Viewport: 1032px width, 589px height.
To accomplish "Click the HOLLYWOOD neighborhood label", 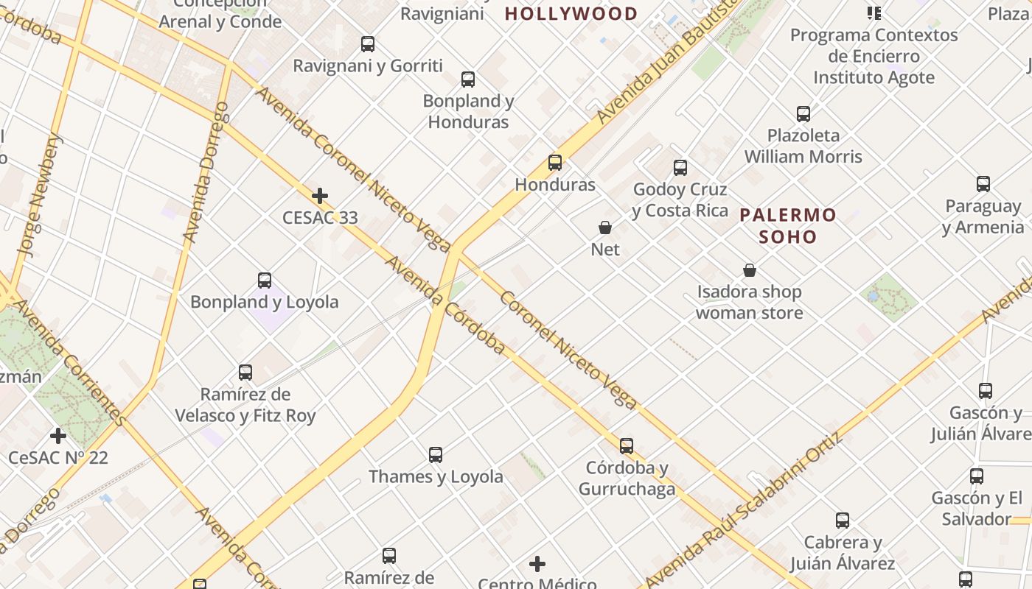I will pos(571,13).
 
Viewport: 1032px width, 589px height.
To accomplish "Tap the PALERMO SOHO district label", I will pos(788,226).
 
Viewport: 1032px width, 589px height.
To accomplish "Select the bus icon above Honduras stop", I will pos(555,163).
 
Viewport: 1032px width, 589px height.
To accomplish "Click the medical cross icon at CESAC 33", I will pos(320,196).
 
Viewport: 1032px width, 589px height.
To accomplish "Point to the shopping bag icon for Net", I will pos(605,228).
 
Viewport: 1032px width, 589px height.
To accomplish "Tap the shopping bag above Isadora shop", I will pos(750,270).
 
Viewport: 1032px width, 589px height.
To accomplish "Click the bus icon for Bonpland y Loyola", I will pos(265,281).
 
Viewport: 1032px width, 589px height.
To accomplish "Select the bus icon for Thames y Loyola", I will pos(436,455).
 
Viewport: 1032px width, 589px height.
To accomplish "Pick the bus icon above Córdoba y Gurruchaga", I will pos(627,446).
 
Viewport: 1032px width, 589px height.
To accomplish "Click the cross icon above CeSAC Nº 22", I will pos(58,436).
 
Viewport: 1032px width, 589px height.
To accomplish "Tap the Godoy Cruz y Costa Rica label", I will pos(680,200).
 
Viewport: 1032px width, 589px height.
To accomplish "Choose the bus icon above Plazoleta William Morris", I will pos(803,114).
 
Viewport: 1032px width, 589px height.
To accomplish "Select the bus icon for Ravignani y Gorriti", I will pos(368,44).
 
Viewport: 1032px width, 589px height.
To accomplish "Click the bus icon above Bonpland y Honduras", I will pos(468,80).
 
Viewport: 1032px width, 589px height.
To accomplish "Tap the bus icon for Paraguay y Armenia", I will pos(983,184).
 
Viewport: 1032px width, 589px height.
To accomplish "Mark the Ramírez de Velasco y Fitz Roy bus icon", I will pos(245,373).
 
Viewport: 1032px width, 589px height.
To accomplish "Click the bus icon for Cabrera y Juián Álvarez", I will pos(843,521).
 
